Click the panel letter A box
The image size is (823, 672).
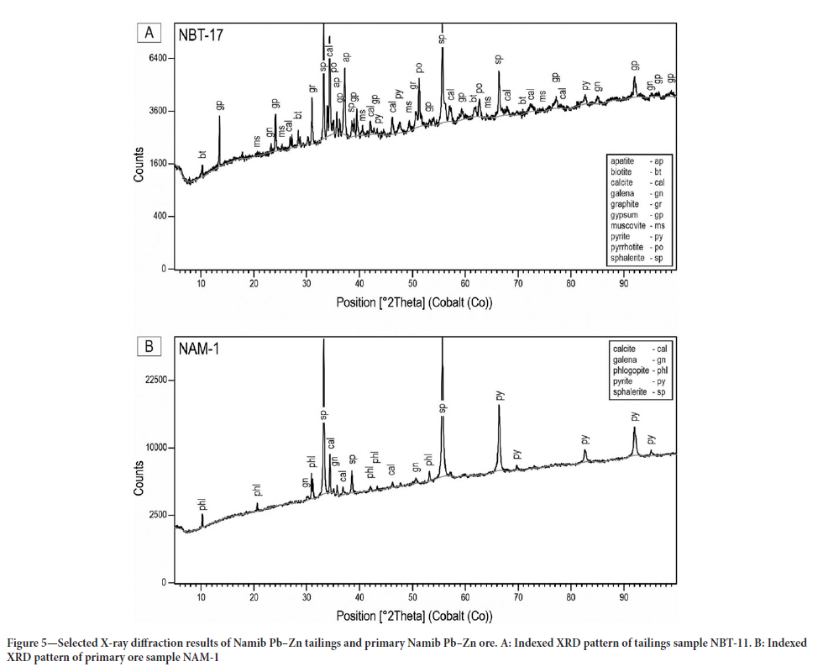(149, 34)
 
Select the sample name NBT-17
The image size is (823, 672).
(199, 34)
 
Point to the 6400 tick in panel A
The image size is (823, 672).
(155, 58)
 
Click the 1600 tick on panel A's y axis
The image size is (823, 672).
(155, 164)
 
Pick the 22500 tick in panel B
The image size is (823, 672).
(153, 381)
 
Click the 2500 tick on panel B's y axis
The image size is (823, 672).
(155, 515)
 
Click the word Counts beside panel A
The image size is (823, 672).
(139, 165)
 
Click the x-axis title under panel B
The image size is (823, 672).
(414, 617)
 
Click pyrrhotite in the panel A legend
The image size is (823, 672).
(628, 248)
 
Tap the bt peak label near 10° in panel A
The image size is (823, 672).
(202, 155)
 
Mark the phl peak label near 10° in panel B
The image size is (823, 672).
(202, 504)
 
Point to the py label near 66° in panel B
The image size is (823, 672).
(499, 395)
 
